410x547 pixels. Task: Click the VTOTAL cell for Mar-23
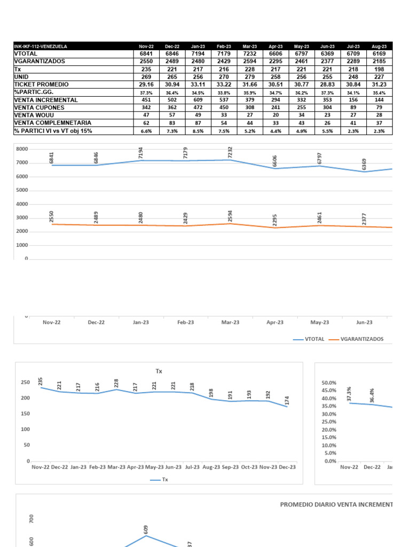250,54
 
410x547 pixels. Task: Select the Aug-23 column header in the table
380,46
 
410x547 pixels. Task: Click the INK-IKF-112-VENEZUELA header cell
41,46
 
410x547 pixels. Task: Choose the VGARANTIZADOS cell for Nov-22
146,61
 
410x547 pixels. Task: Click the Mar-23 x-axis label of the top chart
230,322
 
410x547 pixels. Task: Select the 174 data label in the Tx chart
288,399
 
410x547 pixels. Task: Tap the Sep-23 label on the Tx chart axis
230,467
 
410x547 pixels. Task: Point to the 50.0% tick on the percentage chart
329,383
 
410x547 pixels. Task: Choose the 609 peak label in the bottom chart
146,529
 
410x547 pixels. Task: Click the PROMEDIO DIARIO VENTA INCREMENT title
336,504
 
